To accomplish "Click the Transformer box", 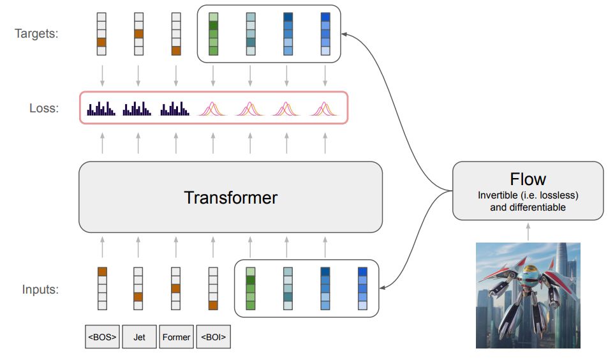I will coord(230,197).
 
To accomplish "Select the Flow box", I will coord(528,190).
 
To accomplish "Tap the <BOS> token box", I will coord(101,336).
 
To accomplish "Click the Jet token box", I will coord(138,336).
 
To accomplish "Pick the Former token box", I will coord(176,336).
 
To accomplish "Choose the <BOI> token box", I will coord(213,336).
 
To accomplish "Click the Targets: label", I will coord(36,33).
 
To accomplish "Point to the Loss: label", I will coord(43,109).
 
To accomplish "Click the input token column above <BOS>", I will coord(101,289).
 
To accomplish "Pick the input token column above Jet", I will coord(138,289).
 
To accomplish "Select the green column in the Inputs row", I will coord(250,289).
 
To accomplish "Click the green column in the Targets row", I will coord(213,33).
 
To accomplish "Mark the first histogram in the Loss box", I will coord(101,109).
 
